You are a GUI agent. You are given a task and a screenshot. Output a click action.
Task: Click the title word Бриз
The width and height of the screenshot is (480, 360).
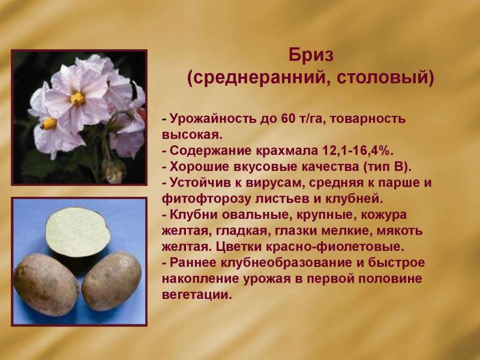pos(311,55)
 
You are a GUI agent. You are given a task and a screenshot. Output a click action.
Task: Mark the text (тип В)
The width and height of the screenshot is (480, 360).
pos(387,167)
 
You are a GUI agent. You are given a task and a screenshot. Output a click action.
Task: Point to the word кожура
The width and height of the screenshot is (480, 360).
pos(384,215)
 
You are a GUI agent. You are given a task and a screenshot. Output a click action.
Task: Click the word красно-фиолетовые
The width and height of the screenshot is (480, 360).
pos(335,247)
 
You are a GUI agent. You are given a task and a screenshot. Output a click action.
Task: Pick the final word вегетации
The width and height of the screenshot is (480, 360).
pos(195,295)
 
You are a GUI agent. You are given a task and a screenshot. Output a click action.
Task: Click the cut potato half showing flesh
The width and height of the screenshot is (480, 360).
pos(78,232)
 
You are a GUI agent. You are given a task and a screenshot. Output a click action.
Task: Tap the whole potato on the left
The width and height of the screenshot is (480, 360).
pos(46,284)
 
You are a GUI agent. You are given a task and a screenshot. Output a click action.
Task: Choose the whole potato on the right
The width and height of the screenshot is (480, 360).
pos(112,280)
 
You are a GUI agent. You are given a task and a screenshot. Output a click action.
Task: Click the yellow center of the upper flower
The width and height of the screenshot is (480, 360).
pos(77,98)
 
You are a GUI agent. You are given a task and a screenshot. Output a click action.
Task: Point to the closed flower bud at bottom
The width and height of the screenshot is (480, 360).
pos(113,172)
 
